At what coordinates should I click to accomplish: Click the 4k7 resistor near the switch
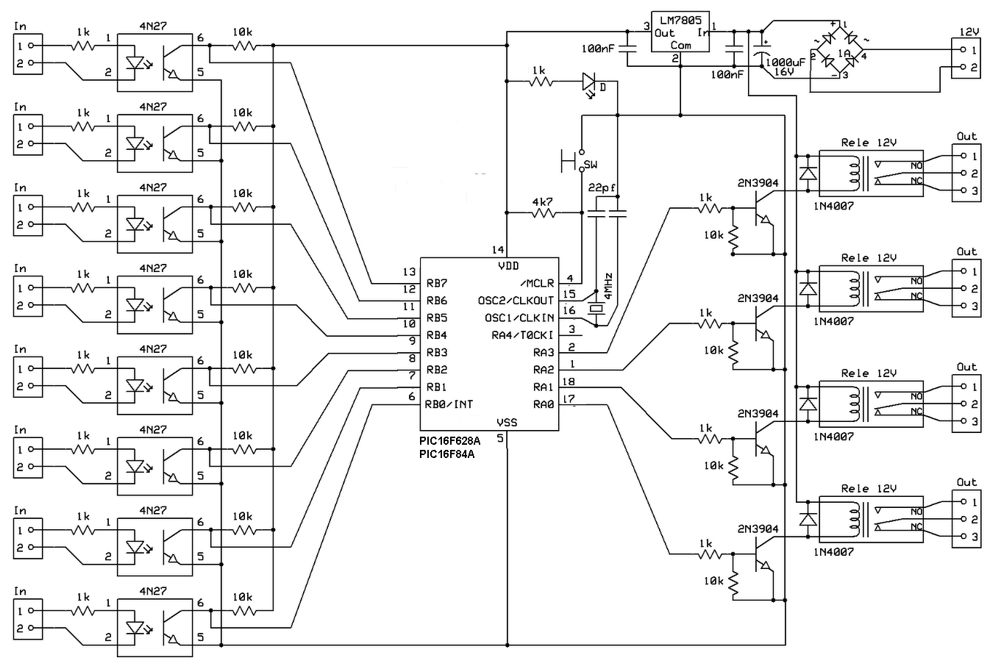pos(544,213)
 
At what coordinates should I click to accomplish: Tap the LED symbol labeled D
pos(589,82)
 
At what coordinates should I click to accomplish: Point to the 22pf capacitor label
pos(602,188)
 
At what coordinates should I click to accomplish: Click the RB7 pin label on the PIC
pos(436,283)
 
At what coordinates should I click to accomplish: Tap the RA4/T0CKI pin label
pos(523,335)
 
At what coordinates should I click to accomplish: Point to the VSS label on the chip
pos(507,423)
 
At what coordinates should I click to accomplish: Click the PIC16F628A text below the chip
pos(449,441)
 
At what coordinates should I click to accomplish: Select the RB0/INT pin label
pos(449,404)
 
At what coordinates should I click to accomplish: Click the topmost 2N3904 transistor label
pos(758,183)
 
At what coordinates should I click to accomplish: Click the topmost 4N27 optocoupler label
pos(152,26)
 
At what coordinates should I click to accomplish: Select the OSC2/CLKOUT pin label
pos(516,301)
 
